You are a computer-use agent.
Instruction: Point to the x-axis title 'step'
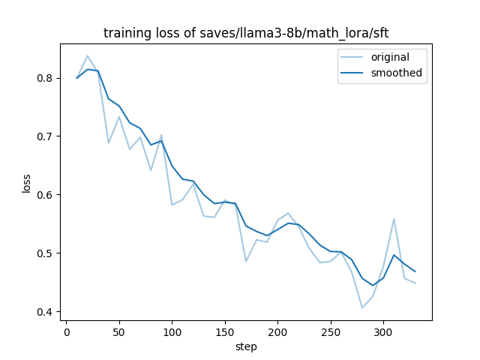point(246,346)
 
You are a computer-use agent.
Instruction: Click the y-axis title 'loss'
point(26,183)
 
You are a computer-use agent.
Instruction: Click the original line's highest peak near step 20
point(87,55)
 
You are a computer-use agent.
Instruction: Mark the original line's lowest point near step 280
point(362,307)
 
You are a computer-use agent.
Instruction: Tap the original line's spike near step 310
point(394,219)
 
